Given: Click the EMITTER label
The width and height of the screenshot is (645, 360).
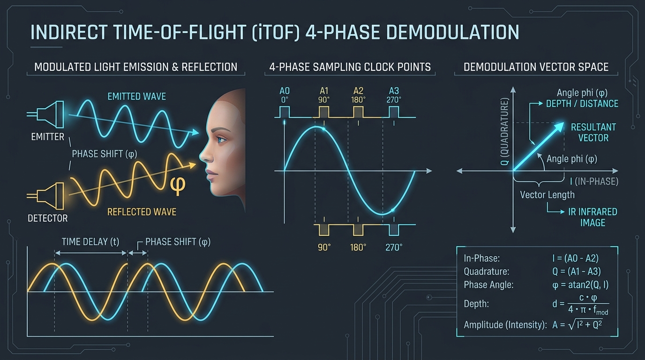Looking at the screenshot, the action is (47, 136).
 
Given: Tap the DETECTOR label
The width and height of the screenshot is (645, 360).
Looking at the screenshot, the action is (47, 218).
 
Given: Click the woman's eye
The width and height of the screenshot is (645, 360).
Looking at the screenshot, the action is (222, 140).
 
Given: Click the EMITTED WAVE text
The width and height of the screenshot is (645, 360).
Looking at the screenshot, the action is (136, 96).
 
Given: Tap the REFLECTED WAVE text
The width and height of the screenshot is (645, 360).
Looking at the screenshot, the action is (142, 212).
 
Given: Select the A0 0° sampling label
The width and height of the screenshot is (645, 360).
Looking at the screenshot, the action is (285, 95).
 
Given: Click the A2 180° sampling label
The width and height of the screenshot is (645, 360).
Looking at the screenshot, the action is (358, 95).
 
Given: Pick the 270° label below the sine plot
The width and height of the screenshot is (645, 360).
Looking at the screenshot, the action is (394, 247).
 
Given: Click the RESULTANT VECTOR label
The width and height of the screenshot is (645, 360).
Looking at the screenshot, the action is (593, 133).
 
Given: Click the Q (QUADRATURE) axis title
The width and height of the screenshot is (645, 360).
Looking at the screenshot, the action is (504, 131).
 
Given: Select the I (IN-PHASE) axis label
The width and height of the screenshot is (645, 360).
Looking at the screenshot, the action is (594, 181).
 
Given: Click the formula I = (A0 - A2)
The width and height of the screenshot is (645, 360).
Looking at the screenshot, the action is (575, 258).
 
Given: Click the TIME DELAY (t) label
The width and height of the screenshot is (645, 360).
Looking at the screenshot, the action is (90, 241).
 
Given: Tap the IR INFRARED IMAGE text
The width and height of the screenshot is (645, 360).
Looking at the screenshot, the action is (592, 217).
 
